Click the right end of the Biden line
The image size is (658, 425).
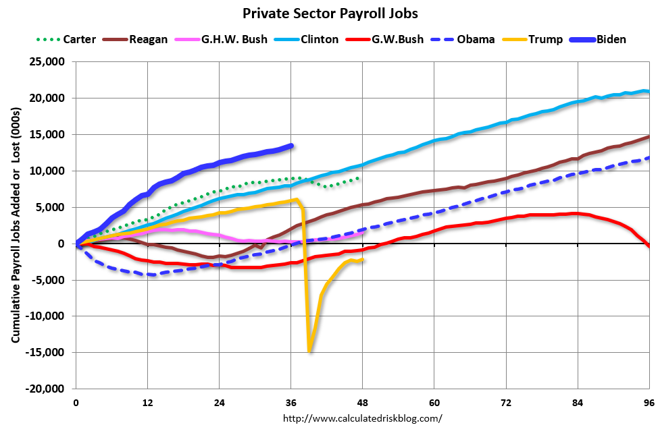(291, 145)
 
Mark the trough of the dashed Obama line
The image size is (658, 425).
(153, 275)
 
